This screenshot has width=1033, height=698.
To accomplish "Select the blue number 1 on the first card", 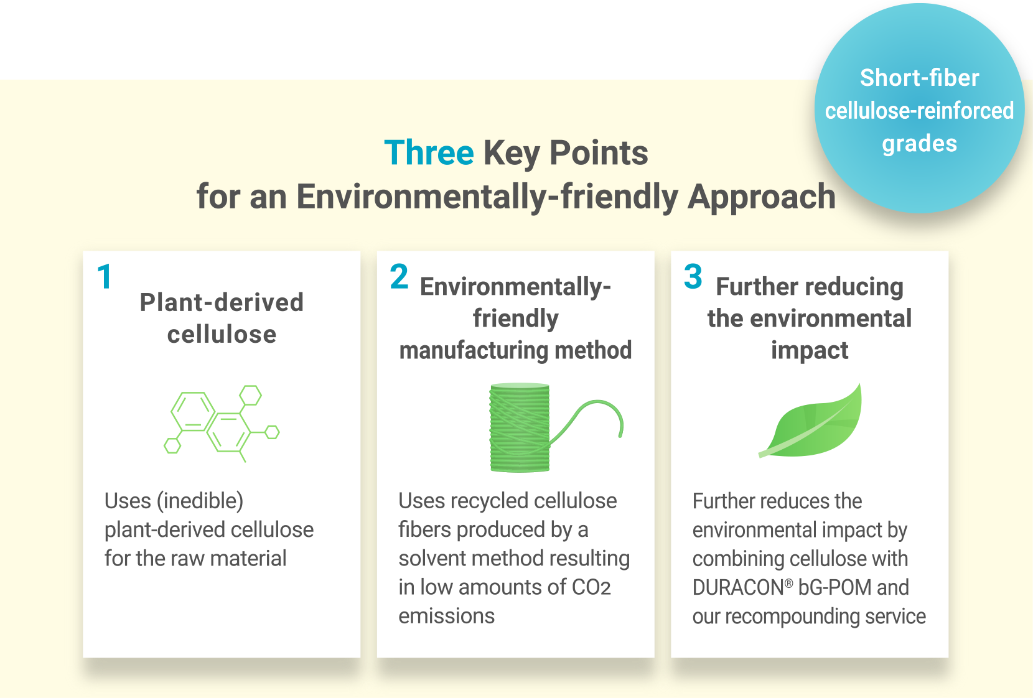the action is click(x=105, y=277).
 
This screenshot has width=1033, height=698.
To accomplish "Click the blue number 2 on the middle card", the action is click(x=399, y=276).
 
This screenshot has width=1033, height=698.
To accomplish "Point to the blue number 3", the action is click(x=693, y=276).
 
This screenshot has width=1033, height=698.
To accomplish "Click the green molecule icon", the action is click(x=222, y=423).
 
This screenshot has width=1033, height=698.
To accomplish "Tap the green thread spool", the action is click(x=520, y=427).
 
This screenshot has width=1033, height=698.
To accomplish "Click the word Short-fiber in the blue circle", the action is click(x=919, y=78).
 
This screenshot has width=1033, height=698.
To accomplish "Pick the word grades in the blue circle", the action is click(x=920, y=144).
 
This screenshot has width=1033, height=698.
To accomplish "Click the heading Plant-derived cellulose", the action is click(x=222, y=318).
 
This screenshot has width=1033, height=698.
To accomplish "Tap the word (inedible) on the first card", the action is click(x=200, y=501).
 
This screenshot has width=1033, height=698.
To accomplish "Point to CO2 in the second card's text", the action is click(x=591, y=587).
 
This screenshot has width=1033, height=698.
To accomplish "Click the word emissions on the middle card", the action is click(x=446, y=616).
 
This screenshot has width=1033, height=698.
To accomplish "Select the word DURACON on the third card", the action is click(x=738, y=588).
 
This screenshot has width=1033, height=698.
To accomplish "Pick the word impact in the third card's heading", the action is click(x=810, y=350).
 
